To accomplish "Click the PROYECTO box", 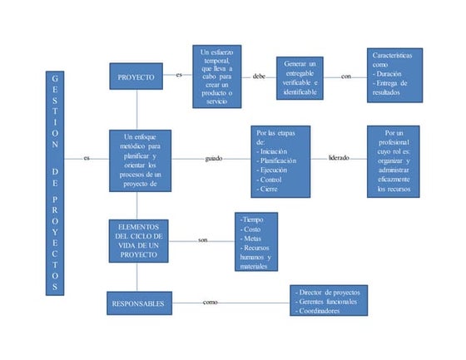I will pos(137,76).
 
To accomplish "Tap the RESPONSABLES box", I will pos(138,303).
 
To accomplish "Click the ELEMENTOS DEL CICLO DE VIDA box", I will pos(138,241).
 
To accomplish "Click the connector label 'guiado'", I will pos(214,158).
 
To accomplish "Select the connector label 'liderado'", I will pos(339,157).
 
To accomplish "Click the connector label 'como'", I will pos(211,302).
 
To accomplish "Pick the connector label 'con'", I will pos(345,76).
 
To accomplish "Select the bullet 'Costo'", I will pos(252,227).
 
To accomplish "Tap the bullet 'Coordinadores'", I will pos(322,311).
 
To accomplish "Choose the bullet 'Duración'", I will pos(394,73).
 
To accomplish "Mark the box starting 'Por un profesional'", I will pos(394,160).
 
